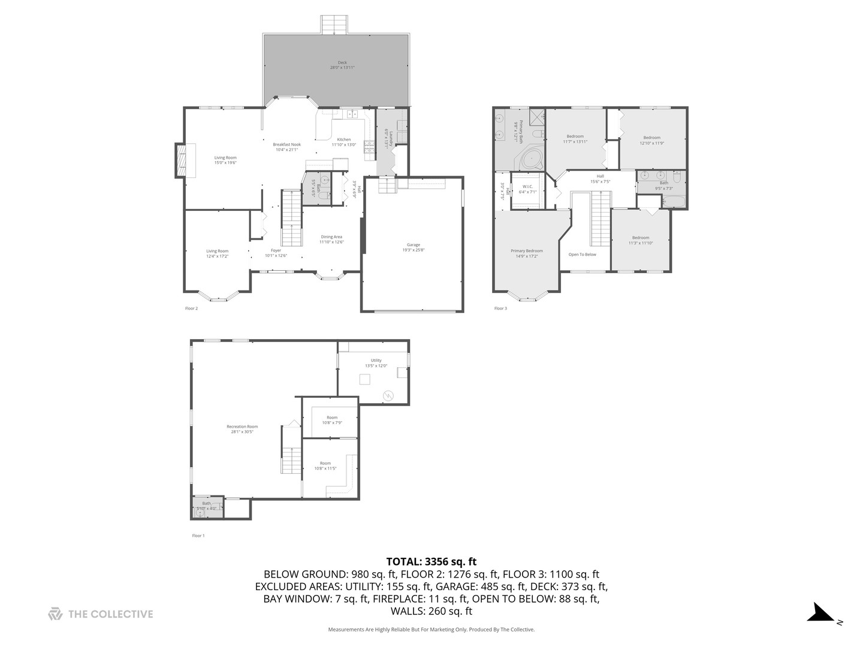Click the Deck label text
pos(342,63)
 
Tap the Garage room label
pos(413,245)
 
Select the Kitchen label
pos(343,140)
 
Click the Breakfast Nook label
pos(286,144)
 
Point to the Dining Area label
pos(331,237)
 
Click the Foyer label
pos(276,250)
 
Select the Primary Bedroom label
pos(527,251)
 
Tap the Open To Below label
pos(582,255)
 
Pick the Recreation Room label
pos(242,427)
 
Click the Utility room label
pos(376,361)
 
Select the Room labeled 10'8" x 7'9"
pos(332,418)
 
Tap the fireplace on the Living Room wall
pos(180,160)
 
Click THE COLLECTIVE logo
pos(101,614)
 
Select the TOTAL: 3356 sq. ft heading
pos(431,562)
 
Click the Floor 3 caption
pos(500,309)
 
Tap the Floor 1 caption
pos(198,536)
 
